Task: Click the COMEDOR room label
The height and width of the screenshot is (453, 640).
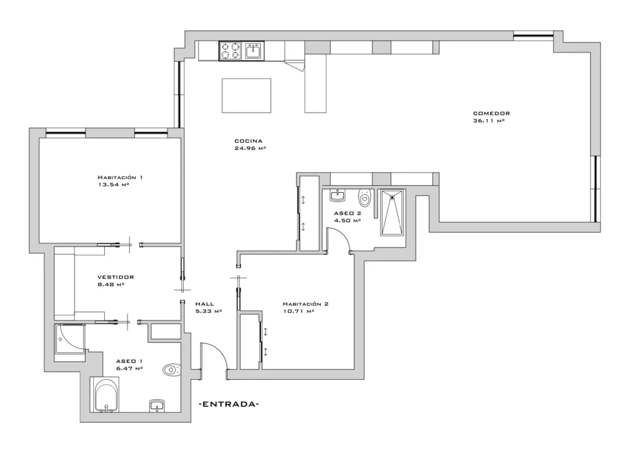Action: (x=491, y=113)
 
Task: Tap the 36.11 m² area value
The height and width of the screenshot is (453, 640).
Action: (x=489, y=121)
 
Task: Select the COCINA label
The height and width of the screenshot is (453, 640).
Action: (x=249, y=141)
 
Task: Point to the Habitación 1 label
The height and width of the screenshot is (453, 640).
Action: (x=120, y=177)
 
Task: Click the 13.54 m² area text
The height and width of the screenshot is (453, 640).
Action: (x=114, y=185)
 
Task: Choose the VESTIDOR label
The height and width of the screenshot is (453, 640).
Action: (x=116, y=277)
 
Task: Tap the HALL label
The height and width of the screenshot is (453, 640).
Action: (x=204, y=304)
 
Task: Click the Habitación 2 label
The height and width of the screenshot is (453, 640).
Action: (x=306, y=304)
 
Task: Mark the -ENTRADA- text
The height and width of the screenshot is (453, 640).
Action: (x=229, y=404)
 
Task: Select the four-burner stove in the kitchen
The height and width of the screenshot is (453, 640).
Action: (x=231, y=51)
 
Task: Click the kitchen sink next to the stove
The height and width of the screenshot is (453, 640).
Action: (x=254, y=51)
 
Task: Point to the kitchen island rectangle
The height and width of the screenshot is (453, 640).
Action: (x=246, y=96)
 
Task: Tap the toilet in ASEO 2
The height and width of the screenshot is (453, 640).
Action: (x=364, y=198)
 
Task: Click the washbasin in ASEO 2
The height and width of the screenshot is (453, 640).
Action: (x=338, y=196)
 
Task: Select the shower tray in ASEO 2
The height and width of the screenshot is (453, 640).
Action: (x=392, y=212)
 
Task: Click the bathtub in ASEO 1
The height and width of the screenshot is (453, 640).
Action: (x=107, y=395)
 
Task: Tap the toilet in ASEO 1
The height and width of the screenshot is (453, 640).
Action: (x=171, y=370)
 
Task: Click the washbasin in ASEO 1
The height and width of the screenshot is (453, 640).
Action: (x=157, y=405)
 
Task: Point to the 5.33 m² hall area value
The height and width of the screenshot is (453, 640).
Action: (x=209, y=311)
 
